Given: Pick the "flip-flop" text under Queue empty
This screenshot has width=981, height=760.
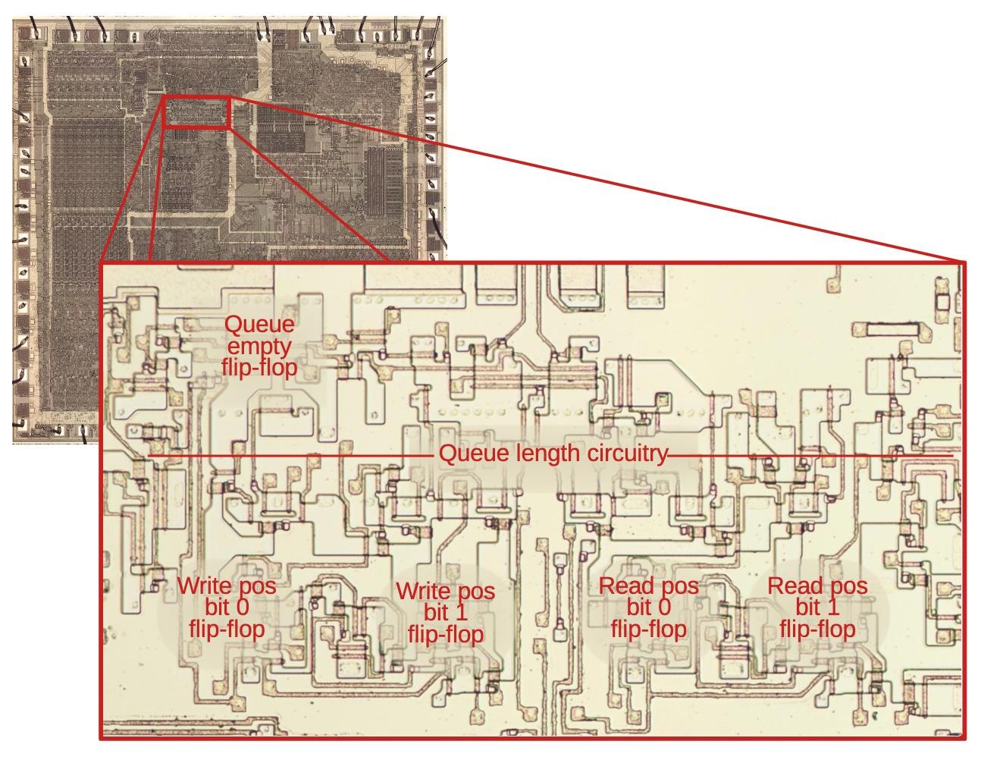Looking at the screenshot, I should [259, 368].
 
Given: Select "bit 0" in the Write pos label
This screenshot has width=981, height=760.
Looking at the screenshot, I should [227, 607].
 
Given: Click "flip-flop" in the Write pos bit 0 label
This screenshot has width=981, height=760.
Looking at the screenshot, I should [227, 628].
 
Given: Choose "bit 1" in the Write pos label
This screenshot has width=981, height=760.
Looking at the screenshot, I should [446, 612].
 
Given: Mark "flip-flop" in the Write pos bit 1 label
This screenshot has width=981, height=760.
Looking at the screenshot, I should [446, 633].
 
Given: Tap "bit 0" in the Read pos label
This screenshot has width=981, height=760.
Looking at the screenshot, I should [649, 607].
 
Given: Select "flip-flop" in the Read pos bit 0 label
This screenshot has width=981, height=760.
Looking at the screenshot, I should [649, 628].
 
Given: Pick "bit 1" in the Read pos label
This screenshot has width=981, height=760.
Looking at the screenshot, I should [817, 607].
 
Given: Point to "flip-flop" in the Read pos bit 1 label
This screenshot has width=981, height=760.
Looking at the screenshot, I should [817, 628].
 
